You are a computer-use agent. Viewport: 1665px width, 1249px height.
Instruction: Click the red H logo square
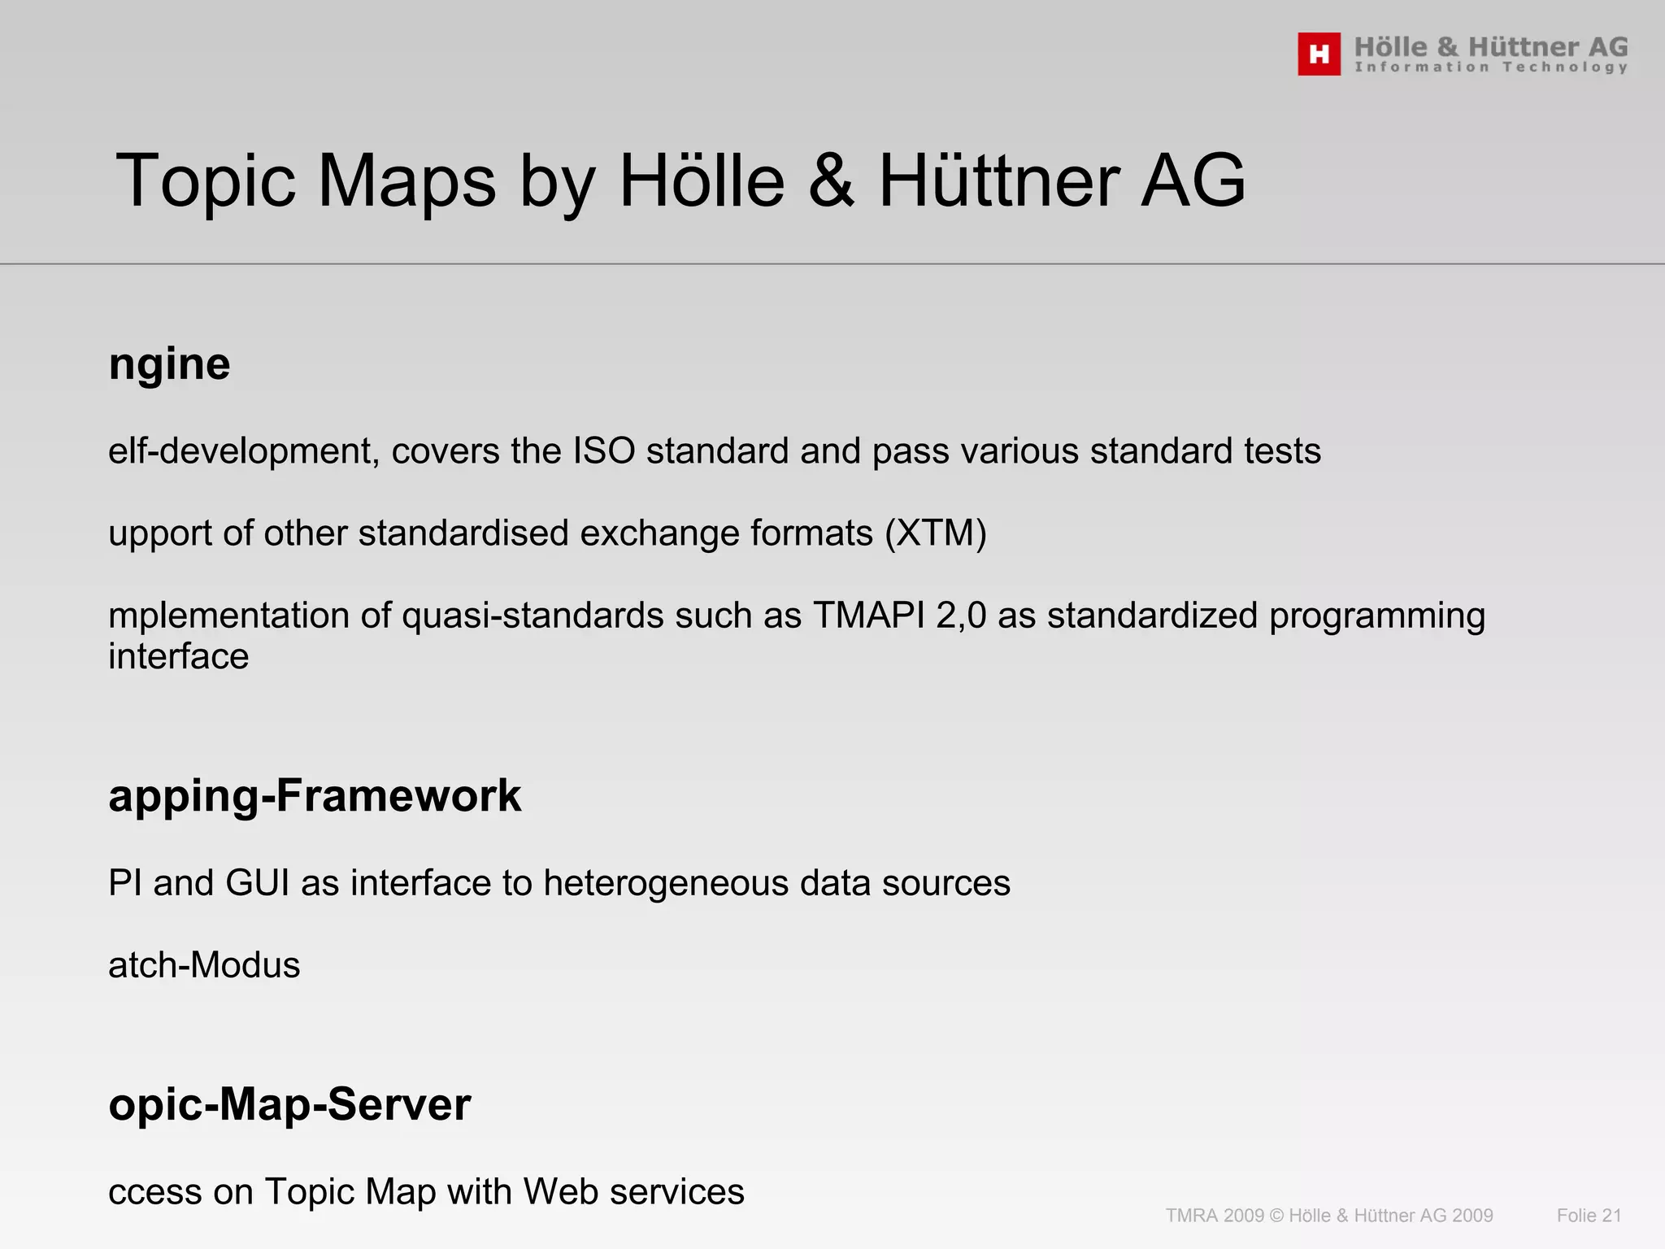(1319, 54)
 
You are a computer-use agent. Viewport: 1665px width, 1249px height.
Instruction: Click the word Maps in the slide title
(406, 181)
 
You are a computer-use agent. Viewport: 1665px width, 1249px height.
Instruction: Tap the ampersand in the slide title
(832, 181)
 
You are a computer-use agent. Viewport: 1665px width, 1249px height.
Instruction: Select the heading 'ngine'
(169, 364)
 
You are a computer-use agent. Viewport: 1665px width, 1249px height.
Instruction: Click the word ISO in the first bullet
(604, 451)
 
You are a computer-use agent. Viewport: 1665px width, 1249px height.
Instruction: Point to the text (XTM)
(935, 534)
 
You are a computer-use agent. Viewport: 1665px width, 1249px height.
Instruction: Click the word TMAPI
(868, 616)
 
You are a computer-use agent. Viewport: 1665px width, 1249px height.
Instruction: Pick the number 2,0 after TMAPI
(961, 616)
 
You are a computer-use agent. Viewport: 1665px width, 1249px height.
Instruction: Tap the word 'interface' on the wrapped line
(179, 657)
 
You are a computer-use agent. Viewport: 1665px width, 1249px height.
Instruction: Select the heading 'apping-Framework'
(315, 796)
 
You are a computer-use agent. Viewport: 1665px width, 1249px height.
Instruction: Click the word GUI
(258, 884)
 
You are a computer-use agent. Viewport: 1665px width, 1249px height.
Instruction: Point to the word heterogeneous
(666, 884)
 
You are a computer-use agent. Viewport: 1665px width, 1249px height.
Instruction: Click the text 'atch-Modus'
(204, 966)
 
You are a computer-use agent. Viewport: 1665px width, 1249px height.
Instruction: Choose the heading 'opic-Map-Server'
(289, 1105)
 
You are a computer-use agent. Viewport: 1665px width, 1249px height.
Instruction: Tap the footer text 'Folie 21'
(1589, 1216)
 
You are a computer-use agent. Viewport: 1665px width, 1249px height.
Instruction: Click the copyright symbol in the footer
(1276, 1216)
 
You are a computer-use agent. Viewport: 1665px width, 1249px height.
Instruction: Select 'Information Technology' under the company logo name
(1491, 67)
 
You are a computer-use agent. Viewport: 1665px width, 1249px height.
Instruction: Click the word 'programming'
(1376, 616)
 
